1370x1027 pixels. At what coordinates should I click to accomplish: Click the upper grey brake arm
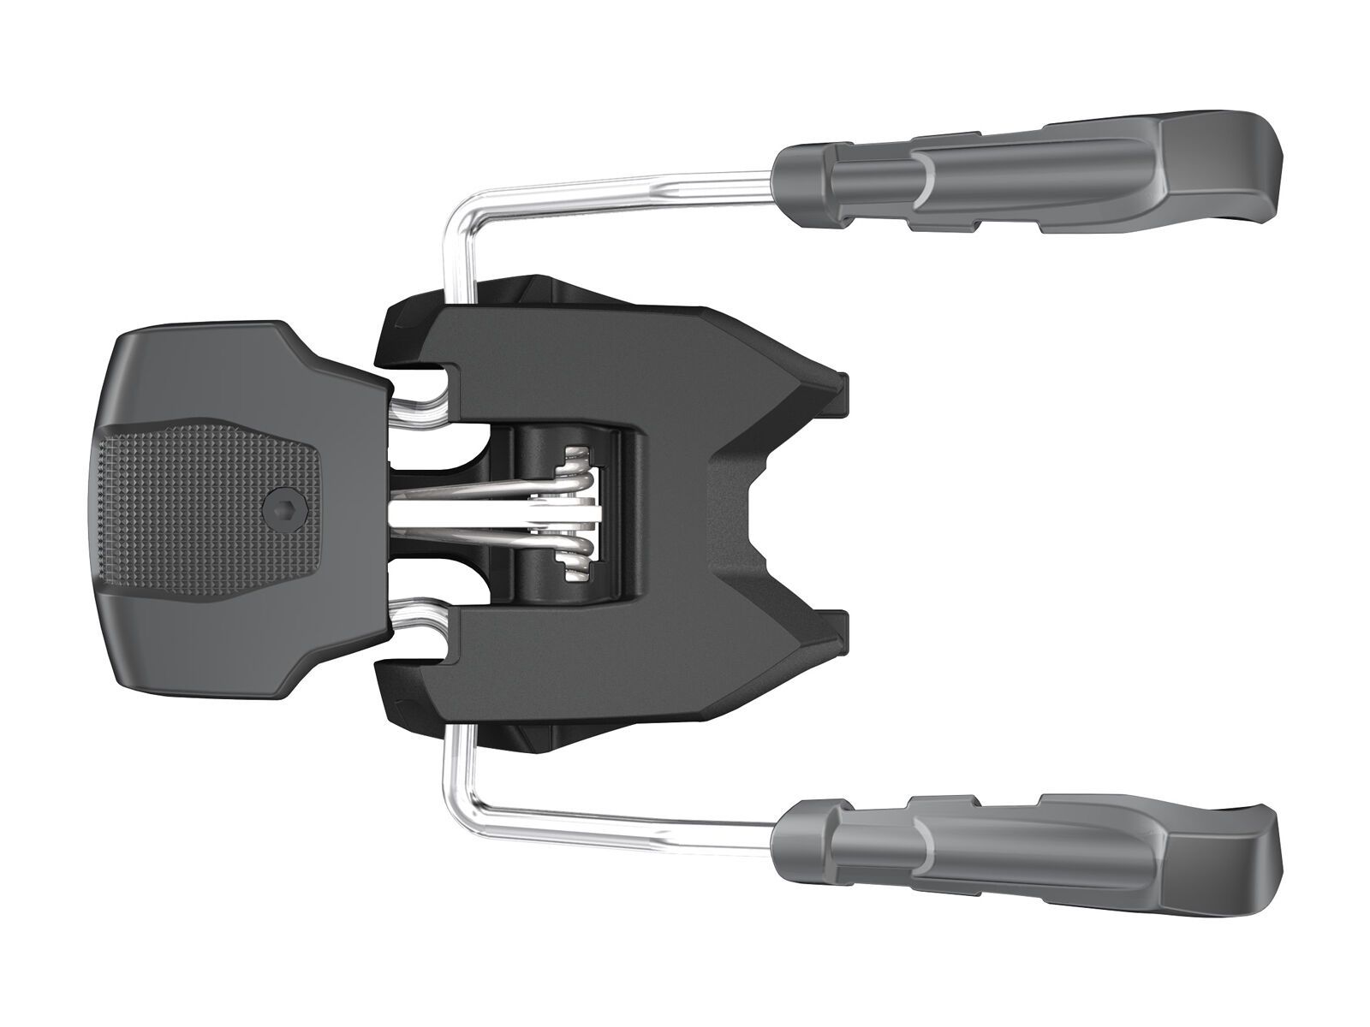[x=1027, y=180]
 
